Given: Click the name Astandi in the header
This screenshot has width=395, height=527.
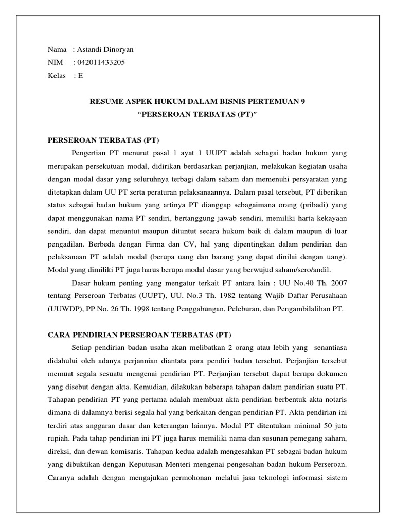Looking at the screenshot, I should [x=91, y=49].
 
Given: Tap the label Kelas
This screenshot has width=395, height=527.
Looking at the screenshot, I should [x=57, y=75].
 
